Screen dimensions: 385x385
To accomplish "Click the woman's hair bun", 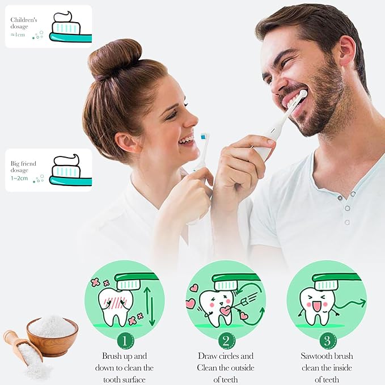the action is pyautogui.click(x=115, y=58).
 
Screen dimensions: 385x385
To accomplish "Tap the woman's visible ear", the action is pyautogui.click(x=126, y=143).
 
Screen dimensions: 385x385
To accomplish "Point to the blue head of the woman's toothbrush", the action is pyautogui.click(x=203, y=137).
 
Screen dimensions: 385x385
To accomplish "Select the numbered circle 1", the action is pyautogui.click(x=125, y=341).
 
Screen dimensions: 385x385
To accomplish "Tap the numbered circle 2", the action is pyautogui.click(x=226, y=341).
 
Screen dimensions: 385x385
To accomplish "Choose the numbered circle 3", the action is pyautogui.click(x=328, y=341).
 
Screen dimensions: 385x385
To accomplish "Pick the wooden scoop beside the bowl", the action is pyautogui.click(x=23, y=348).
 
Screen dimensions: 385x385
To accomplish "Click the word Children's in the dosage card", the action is pyautogui.click(x=24, y=20).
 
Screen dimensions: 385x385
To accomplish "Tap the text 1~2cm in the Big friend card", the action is pyautogui.click(x=19, y=178).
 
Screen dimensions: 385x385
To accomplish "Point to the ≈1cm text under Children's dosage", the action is pyautogui.click(x=18, y=35).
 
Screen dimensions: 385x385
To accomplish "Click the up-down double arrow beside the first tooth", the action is pyautogui.click(x=150, y=306).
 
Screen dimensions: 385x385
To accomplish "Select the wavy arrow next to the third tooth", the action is pyautogui.click(x=350, y=304).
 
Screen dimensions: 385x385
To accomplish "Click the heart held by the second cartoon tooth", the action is pyautogui.click(x=226, y=310).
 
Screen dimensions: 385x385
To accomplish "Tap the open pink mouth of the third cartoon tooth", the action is pyautogui.click(x=316, y=306).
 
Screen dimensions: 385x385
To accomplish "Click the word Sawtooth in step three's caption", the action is pyautogui.click(x=315, y=356).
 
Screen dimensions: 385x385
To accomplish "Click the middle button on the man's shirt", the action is pyautogui.click(x=347, y=208).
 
